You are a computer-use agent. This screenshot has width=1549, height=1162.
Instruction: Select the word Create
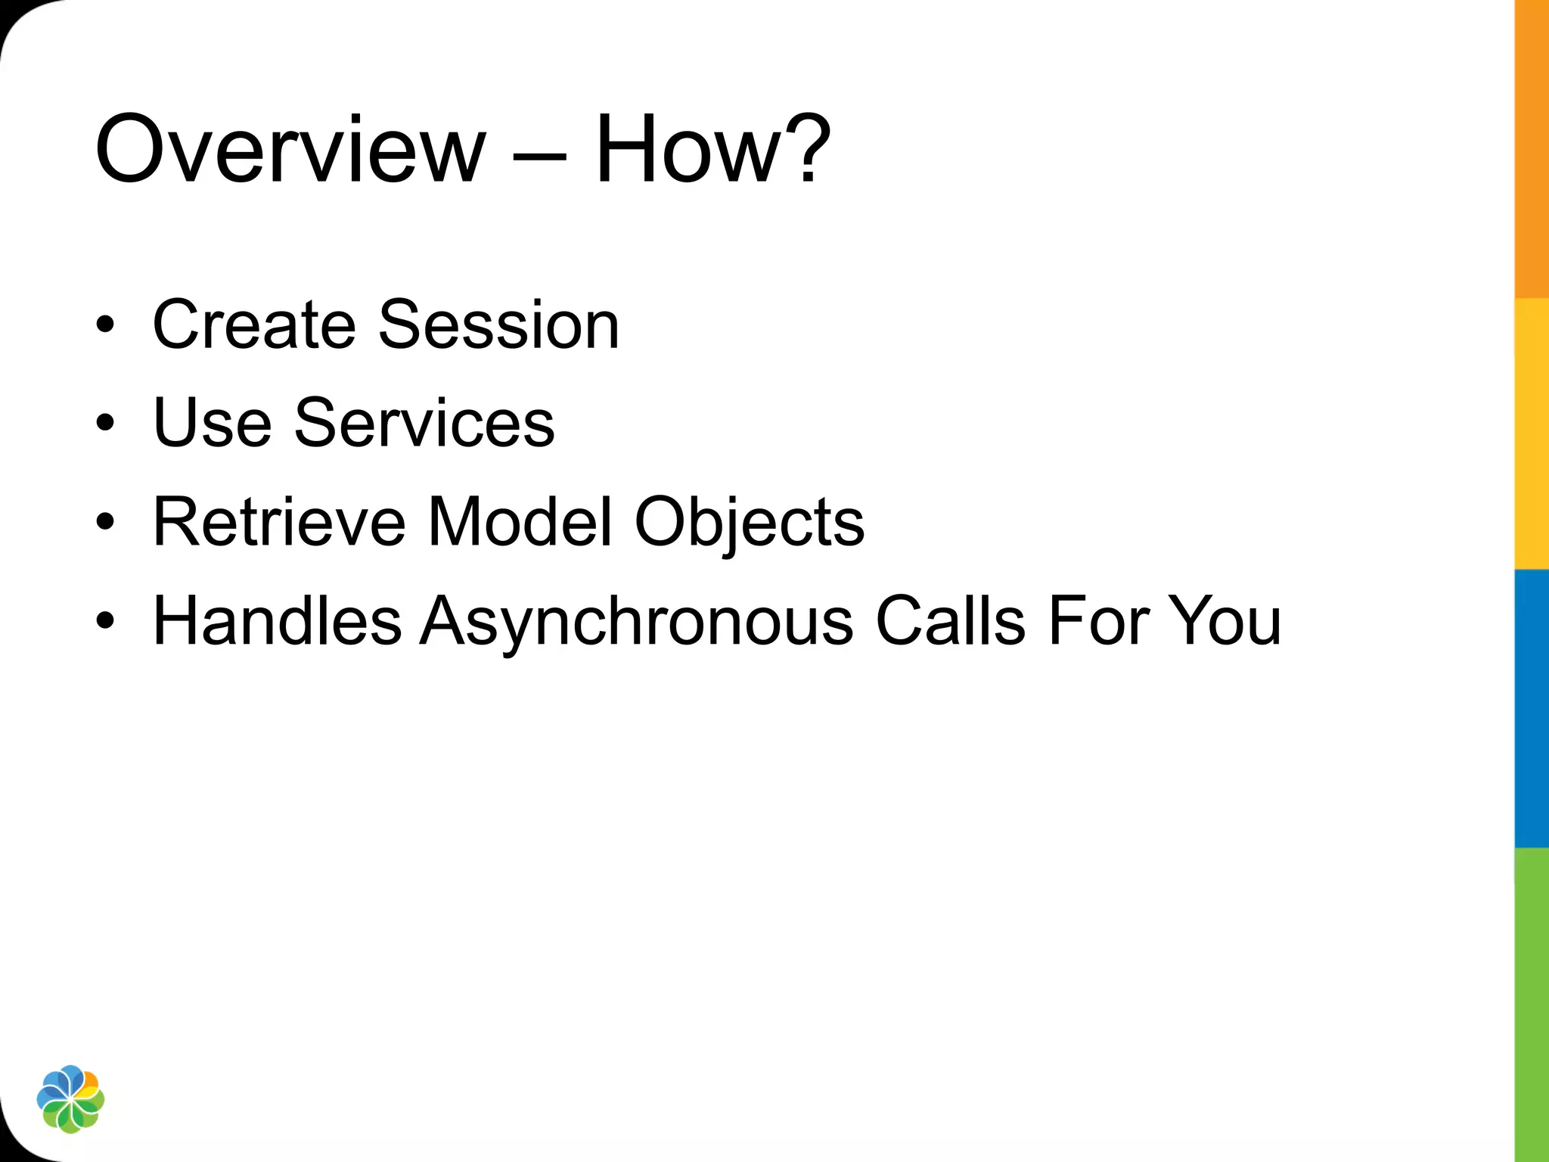coord(254,325)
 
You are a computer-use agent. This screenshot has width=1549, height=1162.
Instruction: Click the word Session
coord(498,325)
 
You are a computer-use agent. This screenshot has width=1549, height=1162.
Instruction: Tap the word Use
coord(212,423)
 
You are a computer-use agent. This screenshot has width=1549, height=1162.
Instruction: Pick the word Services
coord(424,423)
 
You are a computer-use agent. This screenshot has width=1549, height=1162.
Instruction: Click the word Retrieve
coord(279,521)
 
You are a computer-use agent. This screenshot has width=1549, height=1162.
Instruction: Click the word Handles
coord(277,620)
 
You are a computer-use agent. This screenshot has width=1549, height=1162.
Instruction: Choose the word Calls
coord(950,620)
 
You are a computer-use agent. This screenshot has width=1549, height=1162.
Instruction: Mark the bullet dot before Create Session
coord(106,325)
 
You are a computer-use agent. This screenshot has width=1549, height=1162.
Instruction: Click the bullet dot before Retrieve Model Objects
coord(106,522)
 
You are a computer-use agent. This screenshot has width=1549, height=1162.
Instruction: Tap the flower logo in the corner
coord(70,1099)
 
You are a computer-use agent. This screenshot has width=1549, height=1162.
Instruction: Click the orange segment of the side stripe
coord(1532,151)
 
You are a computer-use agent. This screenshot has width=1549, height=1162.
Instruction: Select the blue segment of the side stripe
coord(1532,708)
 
